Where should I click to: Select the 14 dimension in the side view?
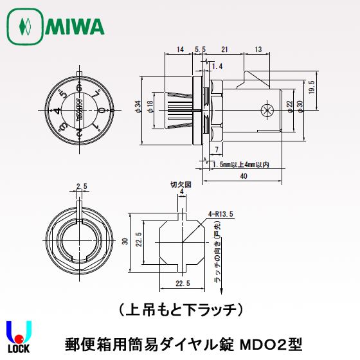[x=179, y=49]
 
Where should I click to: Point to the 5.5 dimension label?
[x=199, y=49]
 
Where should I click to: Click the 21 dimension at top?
[x=224, y=49]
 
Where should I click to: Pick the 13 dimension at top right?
[x=258, y=49]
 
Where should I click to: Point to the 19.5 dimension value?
[x=311, y=87]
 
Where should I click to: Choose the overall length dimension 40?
[x=242, y=176]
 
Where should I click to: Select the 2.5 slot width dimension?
[x=82, y=186]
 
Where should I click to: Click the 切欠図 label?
[x=177, y=183]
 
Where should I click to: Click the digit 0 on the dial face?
[x=102, y=111]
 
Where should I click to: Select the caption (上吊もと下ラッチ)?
[x=180, y=308]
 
